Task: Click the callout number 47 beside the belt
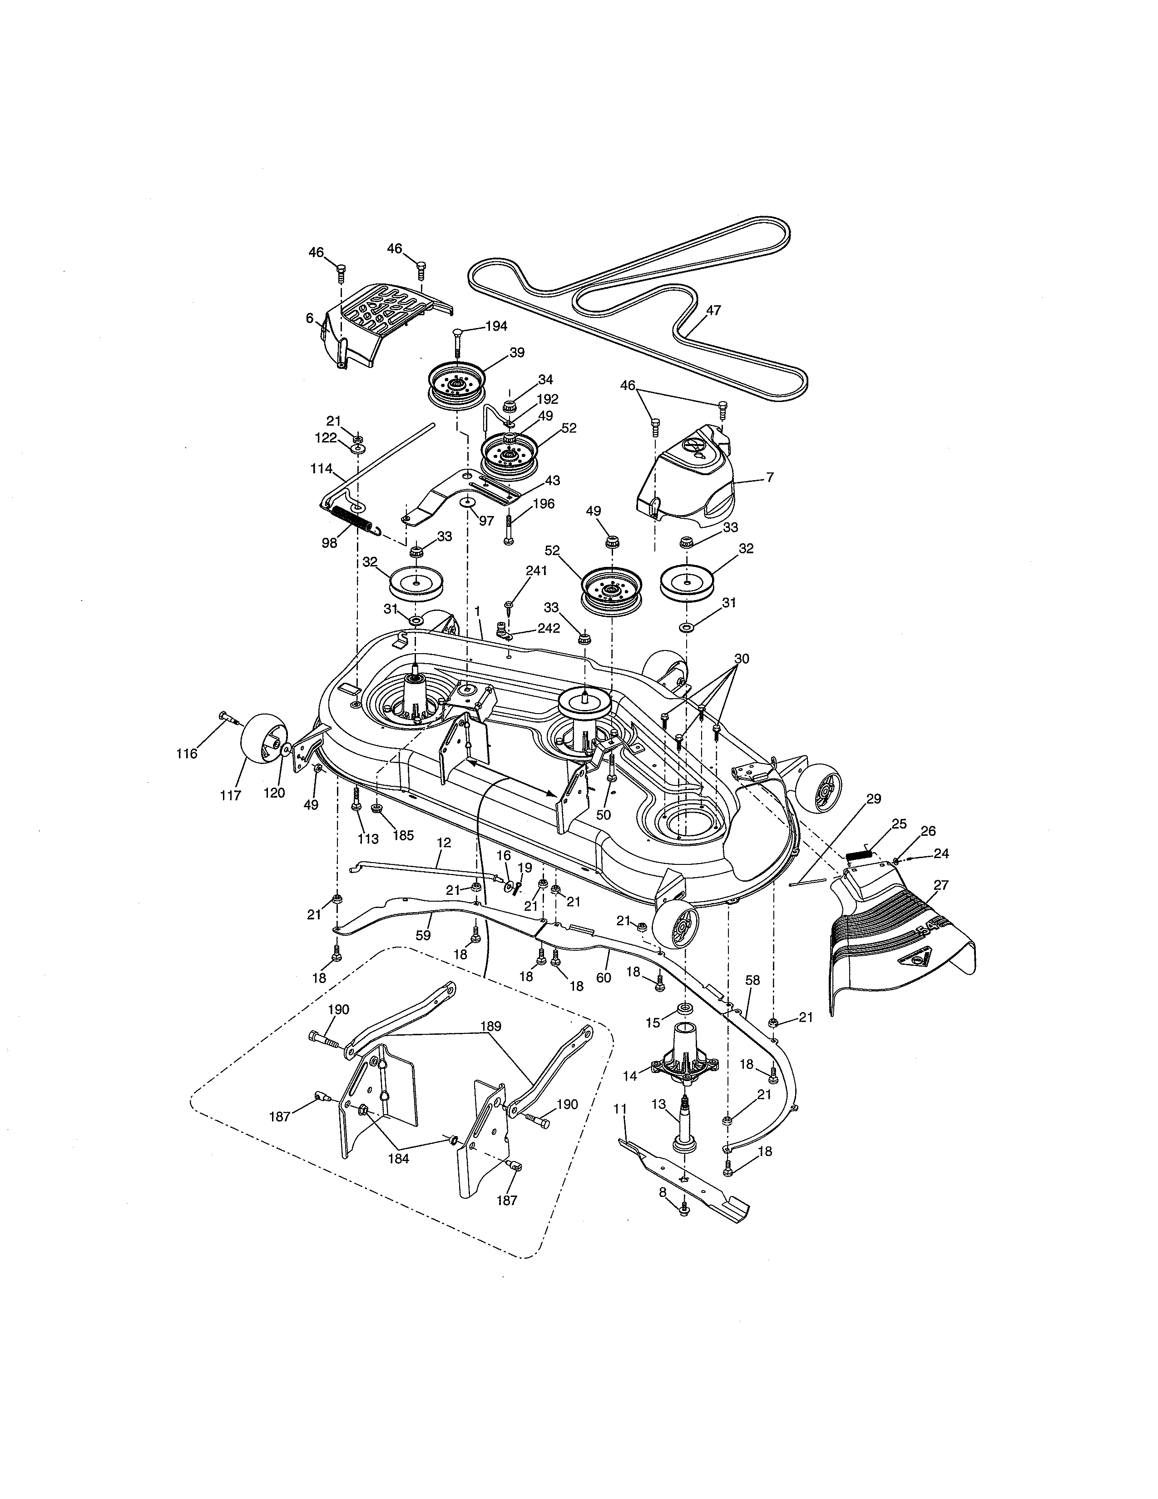[x=713, y=310]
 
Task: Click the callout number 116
[x=186, y=754]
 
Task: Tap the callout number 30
[x=741, y=659]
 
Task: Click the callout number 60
[x=603, y=978]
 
